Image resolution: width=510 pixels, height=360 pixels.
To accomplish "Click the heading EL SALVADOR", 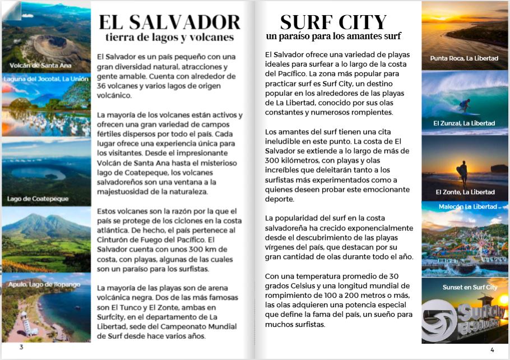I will pyautogui.click(x=169, y=22).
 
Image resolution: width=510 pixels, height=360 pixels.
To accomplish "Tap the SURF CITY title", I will pyautogui.click(x=333, y=22).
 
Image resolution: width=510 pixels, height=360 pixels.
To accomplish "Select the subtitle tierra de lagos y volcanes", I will pyautogui.click(x=169, y=38).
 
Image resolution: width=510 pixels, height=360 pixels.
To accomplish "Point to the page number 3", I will pyautogui.click(x=21, y=347).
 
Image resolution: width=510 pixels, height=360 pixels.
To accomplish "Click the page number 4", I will pyautogui.click(x=492, y=350).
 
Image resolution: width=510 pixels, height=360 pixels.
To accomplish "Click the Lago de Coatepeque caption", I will pyautogui.click(x=38, y=199).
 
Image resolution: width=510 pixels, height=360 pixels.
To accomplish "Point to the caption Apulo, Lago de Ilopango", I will pyautogui.click(x=44, y=284).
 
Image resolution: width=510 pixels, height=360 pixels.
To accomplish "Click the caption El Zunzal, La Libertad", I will pyautogui.click(x=464, y=123).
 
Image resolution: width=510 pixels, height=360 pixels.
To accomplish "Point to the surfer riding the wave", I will pyautogui.click(x=465, y=105).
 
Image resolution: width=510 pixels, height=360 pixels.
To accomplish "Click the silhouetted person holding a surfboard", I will pyautogui.click(x=463, y=173).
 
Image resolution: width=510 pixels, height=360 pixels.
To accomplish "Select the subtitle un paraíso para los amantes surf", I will pyautogui.click(x=333, y=37).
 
